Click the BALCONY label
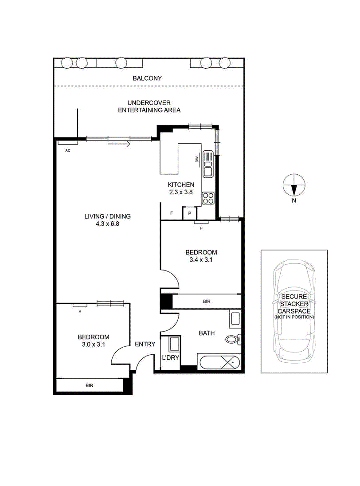pos(147,78)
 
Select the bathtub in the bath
pos(219,362)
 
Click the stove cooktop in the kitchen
pos(208,198)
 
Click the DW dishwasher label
pos(197,159)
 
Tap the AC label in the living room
pos(68,151)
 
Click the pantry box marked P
pos(190,213)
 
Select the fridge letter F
pos(171,213)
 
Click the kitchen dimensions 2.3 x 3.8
pos(181,192)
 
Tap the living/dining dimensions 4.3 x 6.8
pos(107,224)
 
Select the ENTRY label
pos(145,344)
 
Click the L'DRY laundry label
pos(171,358)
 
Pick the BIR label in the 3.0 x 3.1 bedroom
pos(90,386)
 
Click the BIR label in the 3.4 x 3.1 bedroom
pos(207,301)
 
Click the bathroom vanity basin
pos(235,319)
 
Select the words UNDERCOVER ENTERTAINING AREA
pos(149,106)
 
